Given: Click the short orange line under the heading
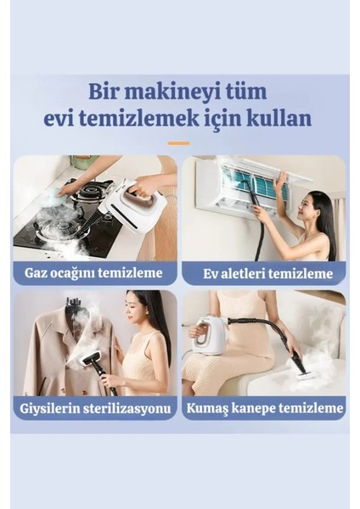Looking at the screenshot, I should tap(178, 143).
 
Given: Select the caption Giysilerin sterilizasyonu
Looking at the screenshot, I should tap(95, 408).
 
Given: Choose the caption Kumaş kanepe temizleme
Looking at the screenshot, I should tap(264, 408).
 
